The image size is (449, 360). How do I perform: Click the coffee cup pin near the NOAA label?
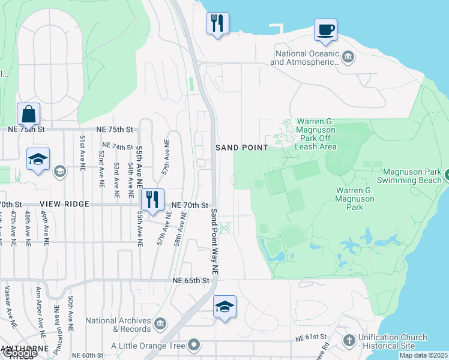click(325, 30)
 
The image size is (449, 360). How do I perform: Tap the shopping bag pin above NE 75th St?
click(28, 113)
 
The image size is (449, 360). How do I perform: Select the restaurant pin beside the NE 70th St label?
click(152, 200)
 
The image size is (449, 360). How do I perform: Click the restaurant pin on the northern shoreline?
click(217, 24)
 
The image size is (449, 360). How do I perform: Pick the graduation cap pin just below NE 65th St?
click(224, 307)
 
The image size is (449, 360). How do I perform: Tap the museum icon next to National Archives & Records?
click(160, 325)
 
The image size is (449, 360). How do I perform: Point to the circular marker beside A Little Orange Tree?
click(193, 345)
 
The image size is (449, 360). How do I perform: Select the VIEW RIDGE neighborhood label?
click(65, 204)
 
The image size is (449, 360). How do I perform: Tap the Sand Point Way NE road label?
click(215, 242)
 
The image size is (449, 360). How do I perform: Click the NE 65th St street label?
click(191, 280)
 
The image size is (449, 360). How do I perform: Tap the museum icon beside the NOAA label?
click(348, 58)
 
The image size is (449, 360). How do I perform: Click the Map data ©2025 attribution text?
click(423, 355)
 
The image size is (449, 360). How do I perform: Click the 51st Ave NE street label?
click(82, 151)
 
